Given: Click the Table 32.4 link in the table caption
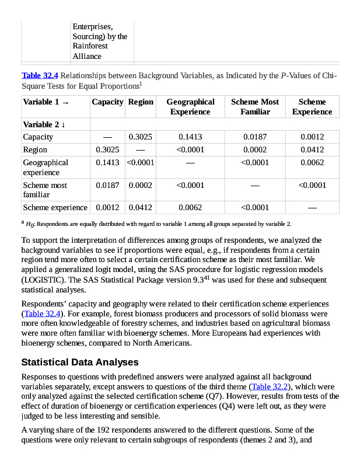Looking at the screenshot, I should tap(40, 76).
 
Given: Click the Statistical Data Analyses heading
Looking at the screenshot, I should tap(79, 363).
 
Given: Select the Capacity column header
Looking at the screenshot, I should tap(107, 102).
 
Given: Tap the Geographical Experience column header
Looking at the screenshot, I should tap(190, 106).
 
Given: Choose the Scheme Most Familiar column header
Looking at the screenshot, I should tap(254, 106).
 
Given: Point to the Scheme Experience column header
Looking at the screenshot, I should tap(312, 106).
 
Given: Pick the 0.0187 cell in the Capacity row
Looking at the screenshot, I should tap(254, 137).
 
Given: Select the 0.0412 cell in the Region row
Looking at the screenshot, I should tap(312, 150).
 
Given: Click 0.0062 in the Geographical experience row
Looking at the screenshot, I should tap(312, 163).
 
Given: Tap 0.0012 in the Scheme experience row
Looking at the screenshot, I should tap(107, 207).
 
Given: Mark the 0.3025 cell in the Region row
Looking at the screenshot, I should tap(107, 150).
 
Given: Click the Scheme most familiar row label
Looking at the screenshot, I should tap(45, 190).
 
